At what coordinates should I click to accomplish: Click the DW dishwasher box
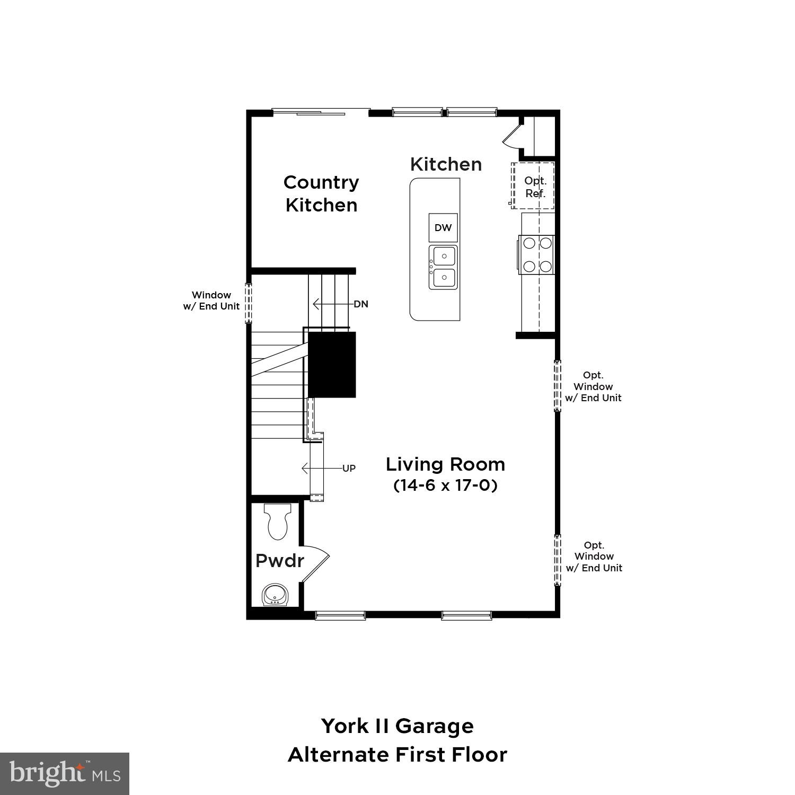(443, 228)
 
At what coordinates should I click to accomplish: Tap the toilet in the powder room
(277, 521)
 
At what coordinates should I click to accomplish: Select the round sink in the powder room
(275, 594)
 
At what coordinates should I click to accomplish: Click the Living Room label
(445, 464)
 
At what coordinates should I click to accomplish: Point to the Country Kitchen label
(321, 193)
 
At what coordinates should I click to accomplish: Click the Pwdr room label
(279, 561)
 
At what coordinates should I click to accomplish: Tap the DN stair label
(361, 304)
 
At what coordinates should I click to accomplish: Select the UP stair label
(349, 469)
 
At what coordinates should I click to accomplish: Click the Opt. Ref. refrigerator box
(534, 187)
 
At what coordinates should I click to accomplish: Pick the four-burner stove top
(537, 254)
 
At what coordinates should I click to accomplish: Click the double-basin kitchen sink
(443, 267)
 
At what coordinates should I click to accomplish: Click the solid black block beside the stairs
(332, 365)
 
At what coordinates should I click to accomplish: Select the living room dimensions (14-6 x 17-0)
(445, 485)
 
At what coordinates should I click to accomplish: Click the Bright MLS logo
(65, 774)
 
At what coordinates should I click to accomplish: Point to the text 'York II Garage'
(397, 726)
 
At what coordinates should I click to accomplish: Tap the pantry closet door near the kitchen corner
(513, 134)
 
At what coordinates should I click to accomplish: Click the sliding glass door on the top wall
(321, 112)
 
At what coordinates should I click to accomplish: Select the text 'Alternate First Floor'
(397, 755)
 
